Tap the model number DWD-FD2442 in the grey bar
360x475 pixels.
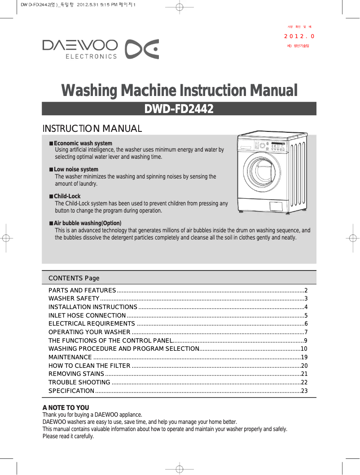(179, 109)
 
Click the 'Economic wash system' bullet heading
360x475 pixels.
(83, 144)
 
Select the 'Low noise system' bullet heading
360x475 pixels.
(76, 170)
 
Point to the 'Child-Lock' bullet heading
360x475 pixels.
(67, 196)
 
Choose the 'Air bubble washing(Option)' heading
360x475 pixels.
(88, 223)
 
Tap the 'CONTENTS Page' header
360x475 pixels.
(74, 278)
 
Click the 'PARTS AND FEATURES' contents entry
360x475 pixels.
(82, 291)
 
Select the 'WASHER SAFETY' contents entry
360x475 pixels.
(74, 299)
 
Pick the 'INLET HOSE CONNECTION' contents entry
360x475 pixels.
(87, 316)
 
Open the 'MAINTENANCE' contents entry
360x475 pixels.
(70, 357)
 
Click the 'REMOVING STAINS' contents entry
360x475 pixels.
(76, 374)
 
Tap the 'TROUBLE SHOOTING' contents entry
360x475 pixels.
(79, 383)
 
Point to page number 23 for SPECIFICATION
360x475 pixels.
(304, 391)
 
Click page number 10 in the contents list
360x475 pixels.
(304, 349)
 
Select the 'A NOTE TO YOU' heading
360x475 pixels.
(66, 408)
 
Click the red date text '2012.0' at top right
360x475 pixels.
(299, 36)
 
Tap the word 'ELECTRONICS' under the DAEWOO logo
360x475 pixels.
(91, 57)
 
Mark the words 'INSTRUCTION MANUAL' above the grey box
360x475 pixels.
(92, 129)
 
